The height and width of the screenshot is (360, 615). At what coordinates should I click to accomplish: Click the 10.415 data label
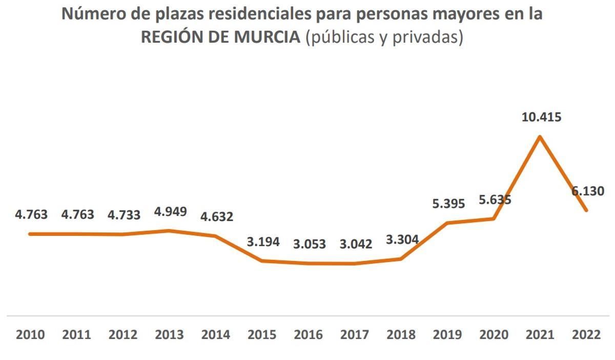tap(541, 117)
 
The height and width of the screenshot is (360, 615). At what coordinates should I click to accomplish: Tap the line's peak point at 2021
tap(540, 136)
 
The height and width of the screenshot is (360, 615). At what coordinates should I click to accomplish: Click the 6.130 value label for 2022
tap(588, 191)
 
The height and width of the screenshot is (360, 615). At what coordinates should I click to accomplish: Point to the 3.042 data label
tap(356, 244)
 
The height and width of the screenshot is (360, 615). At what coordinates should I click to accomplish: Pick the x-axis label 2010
tap(31, 335)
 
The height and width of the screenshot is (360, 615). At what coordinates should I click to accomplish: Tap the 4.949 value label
tap(171, 211)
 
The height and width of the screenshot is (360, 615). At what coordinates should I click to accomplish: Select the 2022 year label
tap(586, 335)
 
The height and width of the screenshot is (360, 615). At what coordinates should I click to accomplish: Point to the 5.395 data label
tap(448, 204)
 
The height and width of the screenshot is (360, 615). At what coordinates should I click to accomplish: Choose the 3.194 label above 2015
tap(263, 242)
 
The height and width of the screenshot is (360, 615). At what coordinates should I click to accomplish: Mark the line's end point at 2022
tap(586, 210)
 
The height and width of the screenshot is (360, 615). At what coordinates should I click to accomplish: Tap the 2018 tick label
tap(402, 335)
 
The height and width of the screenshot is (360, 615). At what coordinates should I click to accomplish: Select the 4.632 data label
tap(217, 216)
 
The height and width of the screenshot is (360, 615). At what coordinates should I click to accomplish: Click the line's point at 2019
tap(447, 223)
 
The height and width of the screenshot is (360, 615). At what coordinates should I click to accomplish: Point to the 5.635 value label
tap(495, 199)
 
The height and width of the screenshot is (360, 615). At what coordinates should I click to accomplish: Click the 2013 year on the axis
tap(170, 335)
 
